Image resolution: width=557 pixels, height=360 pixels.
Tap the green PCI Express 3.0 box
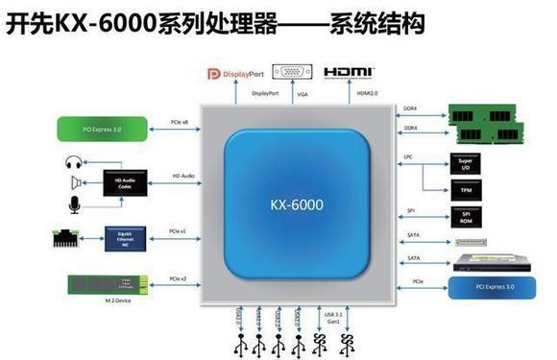[102, 127]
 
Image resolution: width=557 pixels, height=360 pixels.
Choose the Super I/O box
[465, 163]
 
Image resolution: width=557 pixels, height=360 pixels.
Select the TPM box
[465, 189]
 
